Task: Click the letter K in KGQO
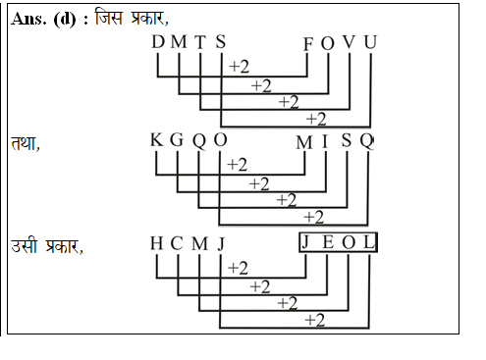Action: (157, 140)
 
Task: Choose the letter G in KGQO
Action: (177, 140)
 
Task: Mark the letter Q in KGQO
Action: (198, 140)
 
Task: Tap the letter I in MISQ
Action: (325, 140)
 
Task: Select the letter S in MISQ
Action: (347, 140)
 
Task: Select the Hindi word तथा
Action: (25, 143)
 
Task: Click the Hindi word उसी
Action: (25, 245)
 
